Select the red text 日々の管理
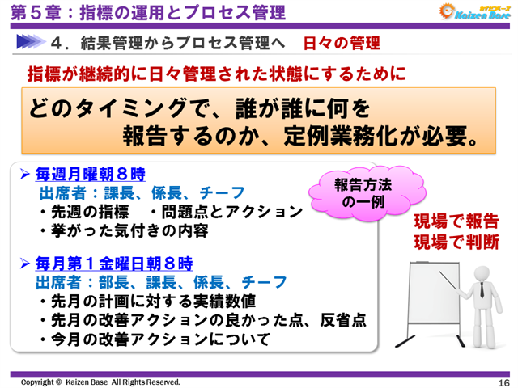(x=342, y=42)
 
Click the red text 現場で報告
(x=456, y=221)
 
